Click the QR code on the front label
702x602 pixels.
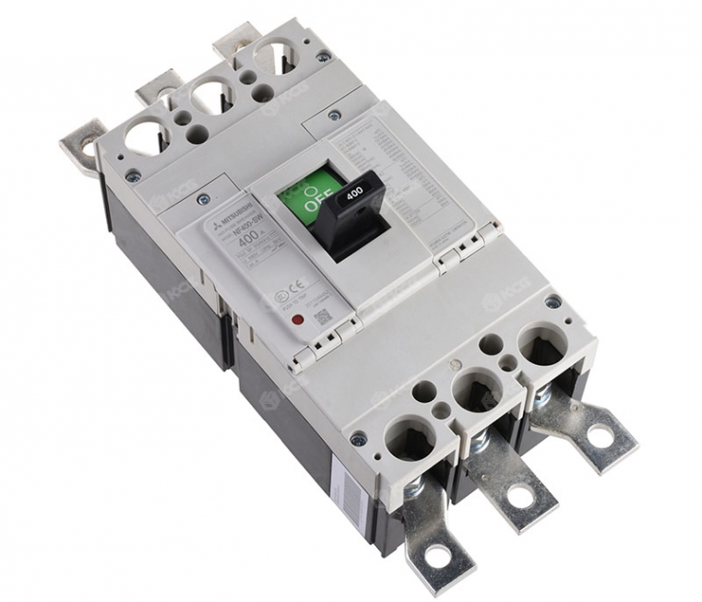coord(322,314)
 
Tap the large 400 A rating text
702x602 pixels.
coord(249,242)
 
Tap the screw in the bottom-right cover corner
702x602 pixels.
coord(553,301)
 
